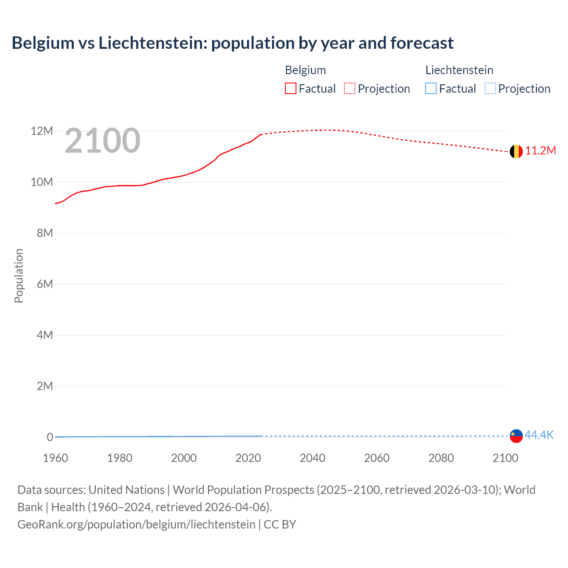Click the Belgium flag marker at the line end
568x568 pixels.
point(516,152)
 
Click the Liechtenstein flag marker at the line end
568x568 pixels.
point(516,436)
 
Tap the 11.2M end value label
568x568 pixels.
point(540,151)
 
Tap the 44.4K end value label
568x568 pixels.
point(539,435)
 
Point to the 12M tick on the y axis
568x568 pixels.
point(42,131)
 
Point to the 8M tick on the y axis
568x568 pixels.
point(44,233)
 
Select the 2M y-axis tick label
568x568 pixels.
point(44,387)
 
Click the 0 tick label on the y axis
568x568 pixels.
point(50,438)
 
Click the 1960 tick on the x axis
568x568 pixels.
point(55,458)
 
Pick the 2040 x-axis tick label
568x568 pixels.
point(312,458)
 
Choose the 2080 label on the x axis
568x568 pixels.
point(441,458)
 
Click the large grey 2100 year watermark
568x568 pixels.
point(103,141)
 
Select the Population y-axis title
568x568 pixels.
point(19,276)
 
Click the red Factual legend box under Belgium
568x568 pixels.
point(291,89)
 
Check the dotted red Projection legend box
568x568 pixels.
point(350,89)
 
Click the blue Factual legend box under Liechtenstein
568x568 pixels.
point(431,89)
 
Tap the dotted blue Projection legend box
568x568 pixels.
point(490,89)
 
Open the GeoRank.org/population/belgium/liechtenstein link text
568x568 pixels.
point(136,525)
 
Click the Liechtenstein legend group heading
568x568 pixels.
point(459,70)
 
